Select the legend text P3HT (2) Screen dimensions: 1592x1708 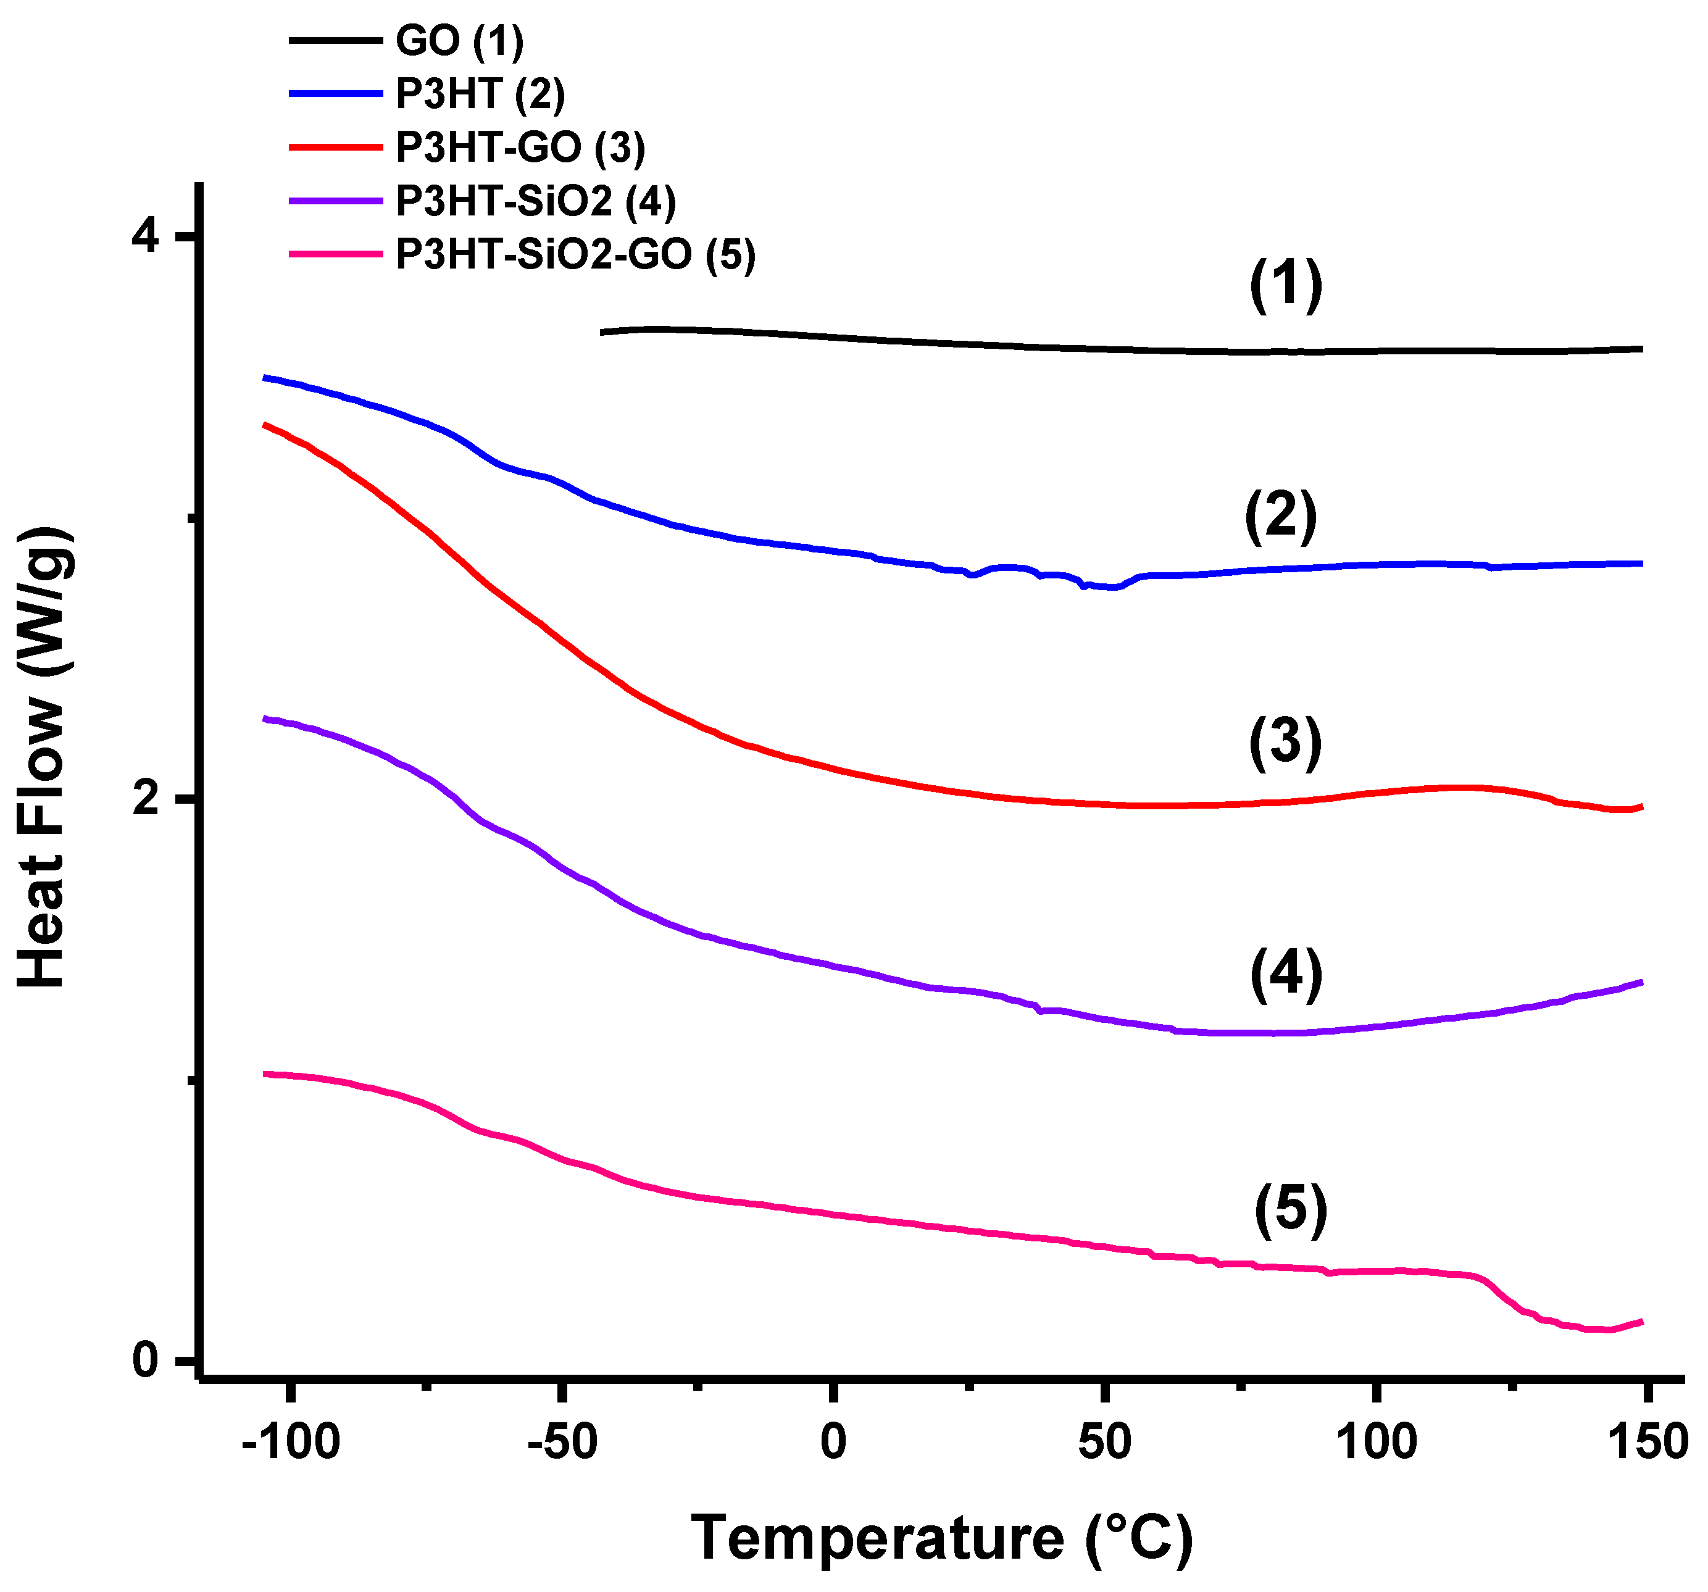point(480,94)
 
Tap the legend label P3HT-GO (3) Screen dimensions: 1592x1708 point(520,148)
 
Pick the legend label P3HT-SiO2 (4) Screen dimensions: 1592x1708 point(535,201)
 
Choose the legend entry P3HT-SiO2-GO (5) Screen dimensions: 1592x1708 point(575,254)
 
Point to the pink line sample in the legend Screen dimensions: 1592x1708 point(335,254)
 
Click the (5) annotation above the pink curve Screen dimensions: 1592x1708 point(1291,1210)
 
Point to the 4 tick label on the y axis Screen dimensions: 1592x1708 point(146,235)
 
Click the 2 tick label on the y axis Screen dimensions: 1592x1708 point(146,798)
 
